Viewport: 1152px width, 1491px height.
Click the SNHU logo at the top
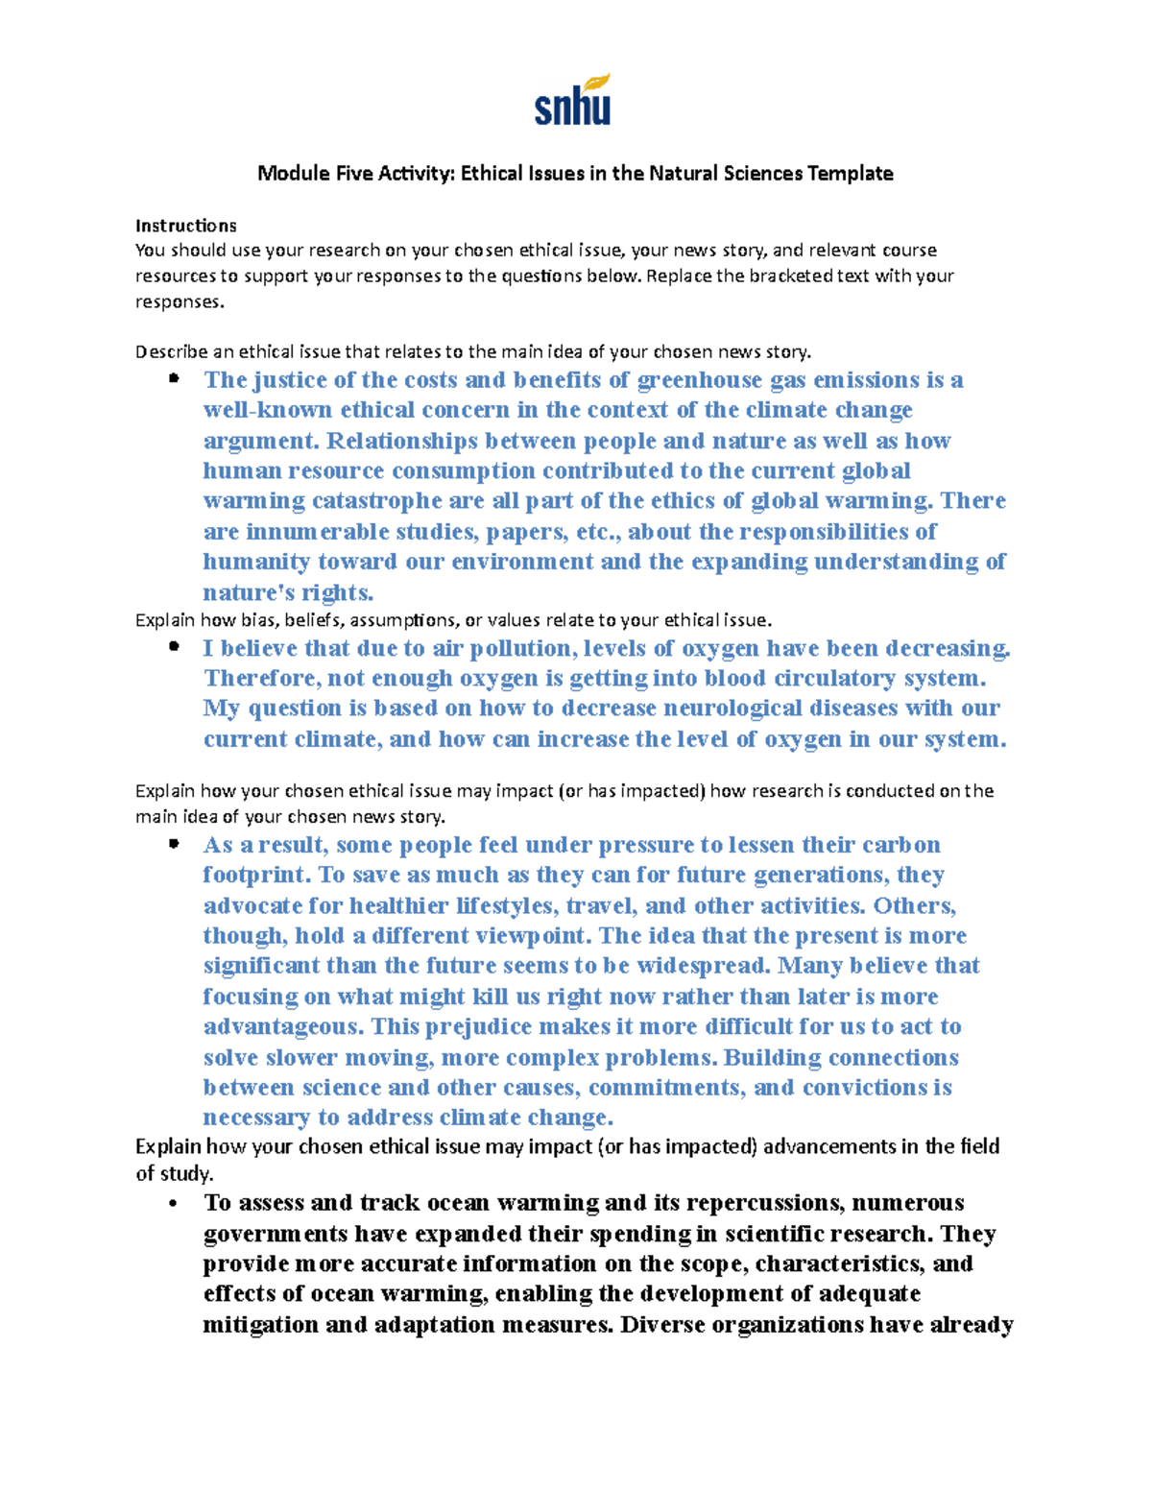click(x=573, y=101)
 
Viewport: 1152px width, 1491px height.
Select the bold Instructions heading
click(x=185, y=226)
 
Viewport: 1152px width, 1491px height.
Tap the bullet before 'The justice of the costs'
click(x=174, y=378)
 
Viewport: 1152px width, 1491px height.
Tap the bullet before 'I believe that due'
click(x=174, y=647)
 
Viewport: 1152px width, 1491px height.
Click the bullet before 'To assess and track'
click(x=174, y=1204)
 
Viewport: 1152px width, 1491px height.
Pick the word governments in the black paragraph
click(x=276, y=1235)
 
